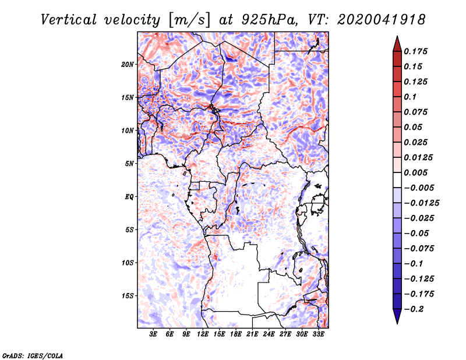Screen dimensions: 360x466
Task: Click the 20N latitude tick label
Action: click(128, 64)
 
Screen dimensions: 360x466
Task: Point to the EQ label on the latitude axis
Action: click(129, 197)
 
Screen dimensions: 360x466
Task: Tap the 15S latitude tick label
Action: click(128, 296)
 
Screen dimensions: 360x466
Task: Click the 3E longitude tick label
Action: click(154, 334)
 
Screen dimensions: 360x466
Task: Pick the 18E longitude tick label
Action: click(236, 334)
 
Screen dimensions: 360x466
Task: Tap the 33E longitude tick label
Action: click(318, 334)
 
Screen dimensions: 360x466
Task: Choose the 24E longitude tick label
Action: click(269, 334)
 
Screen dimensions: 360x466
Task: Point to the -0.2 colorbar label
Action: click(414, 309)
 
